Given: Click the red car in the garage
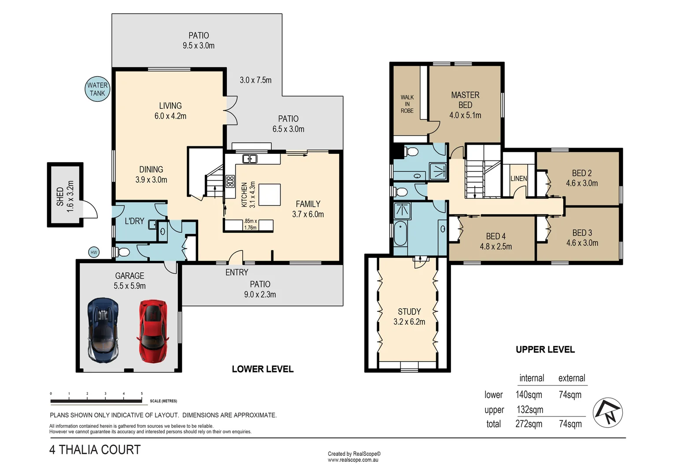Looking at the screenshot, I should pos(153,331).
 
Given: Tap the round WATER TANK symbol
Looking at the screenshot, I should pos(97,89).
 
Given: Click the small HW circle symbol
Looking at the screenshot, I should pos(94,252).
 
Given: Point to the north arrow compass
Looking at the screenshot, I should pos(608,413).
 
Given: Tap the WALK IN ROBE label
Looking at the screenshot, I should pos(407,104).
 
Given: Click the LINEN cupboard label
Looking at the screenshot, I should pos(518,178).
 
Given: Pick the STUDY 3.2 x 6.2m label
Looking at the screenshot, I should pos(409,316).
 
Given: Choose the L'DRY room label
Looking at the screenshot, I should pos(134,221).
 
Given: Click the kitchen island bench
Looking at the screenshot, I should pos(269,195).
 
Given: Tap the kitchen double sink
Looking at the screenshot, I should pos(250,159).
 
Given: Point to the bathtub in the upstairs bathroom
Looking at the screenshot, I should pos(400,234).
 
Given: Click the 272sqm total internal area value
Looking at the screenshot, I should pos(529,424).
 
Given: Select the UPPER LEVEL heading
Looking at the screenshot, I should pos(545,350).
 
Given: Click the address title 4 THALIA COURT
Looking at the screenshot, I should pos(95,450).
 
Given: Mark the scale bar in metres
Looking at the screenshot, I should pos(96,401).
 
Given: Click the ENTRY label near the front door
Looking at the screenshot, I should pos(237,272).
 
